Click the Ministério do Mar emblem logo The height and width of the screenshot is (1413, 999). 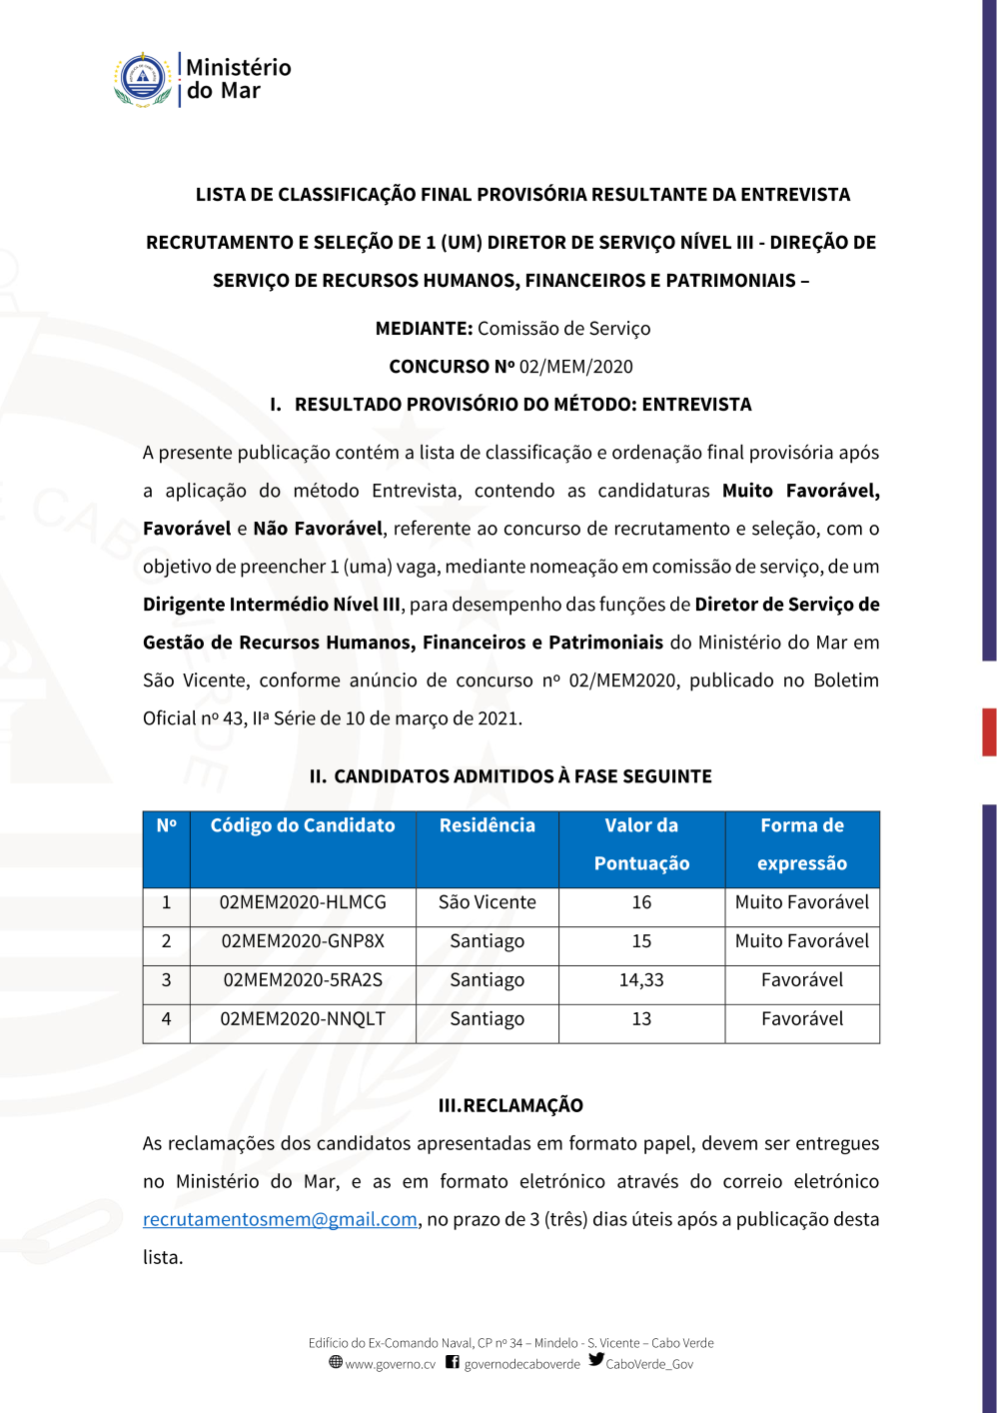(x=143, y=80)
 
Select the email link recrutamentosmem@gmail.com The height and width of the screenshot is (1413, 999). (x=280, y=1219)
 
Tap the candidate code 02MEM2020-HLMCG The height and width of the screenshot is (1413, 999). (x=303, y=902)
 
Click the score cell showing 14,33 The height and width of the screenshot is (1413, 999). (x=641, y=980)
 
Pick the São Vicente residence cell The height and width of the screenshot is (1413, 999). (x=488, y=902)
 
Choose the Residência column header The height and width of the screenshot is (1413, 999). (x=488, y=825)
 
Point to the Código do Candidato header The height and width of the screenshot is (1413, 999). (x=303, y=825)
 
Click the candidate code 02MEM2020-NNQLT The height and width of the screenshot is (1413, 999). (x=303, y=1019)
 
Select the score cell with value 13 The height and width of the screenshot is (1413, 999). (x=641, y=1019)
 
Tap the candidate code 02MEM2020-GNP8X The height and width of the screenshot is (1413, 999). (x=303, y=941)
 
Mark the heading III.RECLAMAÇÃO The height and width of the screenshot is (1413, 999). (x=510, y=1105)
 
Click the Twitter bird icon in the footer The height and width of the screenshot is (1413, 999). (x=596, y=1360)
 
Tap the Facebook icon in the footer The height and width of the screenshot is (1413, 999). (x=453, y=1362)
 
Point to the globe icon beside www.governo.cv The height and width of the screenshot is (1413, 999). (x=336, y=1362)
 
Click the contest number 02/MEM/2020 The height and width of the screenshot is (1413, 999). (x=576, y=367)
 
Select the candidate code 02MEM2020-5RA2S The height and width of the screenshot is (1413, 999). (x=303, y=980)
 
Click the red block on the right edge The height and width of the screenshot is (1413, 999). (x=989, y=731)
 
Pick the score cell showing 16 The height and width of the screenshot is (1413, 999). (x=641, y=902)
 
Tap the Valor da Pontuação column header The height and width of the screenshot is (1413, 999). (x=641, y=844)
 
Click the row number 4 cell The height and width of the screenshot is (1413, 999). (x=167, y=1019)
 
